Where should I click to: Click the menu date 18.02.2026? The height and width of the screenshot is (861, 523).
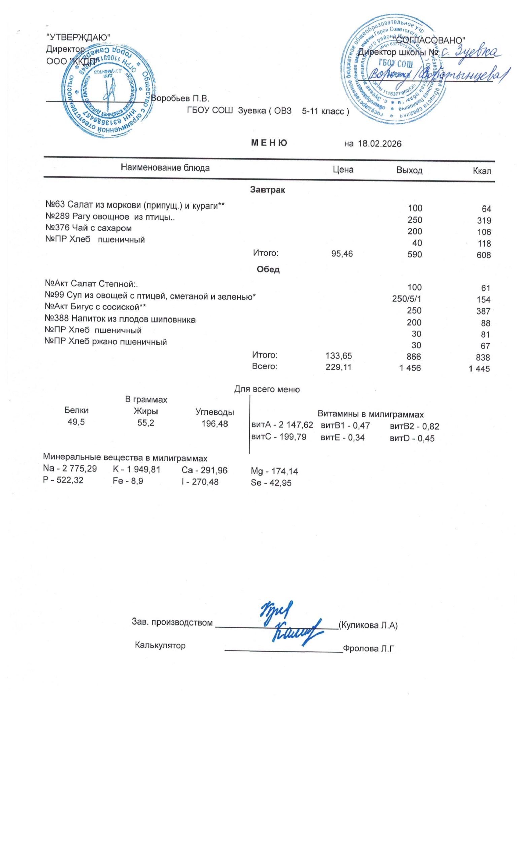(379, 144)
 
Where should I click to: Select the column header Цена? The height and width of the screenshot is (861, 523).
(343, 170)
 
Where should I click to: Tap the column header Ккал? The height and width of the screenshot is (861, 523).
(482, 171)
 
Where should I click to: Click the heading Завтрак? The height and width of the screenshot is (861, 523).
(268, 190)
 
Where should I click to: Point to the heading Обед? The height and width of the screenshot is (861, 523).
(268, 269)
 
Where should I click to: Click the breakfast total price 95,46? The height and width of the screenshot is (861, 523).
(342, 254)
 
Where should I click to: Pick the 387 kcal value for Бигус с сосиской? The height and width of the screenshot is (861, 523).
(483, 311)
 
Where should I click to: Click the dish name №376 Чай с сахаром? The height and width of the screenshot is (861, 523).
(89, 228)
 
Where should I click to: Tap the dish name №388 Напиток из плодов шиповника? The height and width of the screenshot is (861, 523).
(120, 319)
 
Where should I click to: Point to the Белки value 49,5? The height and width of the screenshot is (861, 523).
(76, 422)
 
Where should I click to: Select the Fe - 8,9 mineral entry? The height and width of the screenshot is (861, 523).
(128, 481)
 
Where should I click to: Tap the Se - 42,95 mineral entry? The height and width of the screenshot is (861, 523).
(271, 483)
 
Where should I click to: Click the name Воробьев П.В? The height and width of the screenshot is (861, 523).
(180, 99)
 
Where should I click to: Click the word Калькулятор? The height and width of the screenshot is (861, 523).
(160, 645)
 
